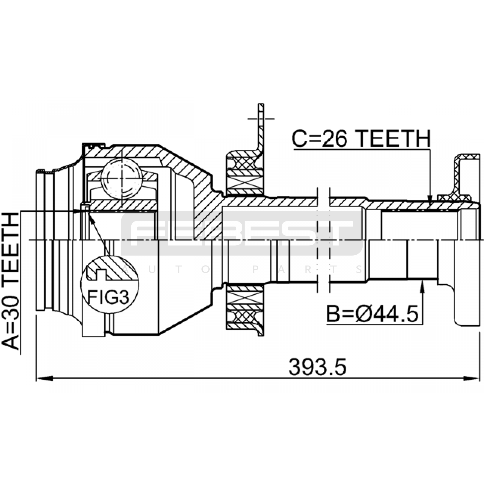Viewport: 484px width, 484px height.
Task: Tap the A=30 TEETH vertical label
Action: tap(11, 281)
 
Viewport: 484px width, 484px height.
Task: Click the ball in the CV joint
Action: tap(122, 178)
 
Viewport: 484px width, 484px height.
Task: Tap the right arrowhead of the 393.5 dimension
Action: tap(471, 378)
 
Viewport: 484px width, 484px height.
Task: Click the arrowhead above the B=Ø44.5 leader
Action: tap(422, 286)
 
